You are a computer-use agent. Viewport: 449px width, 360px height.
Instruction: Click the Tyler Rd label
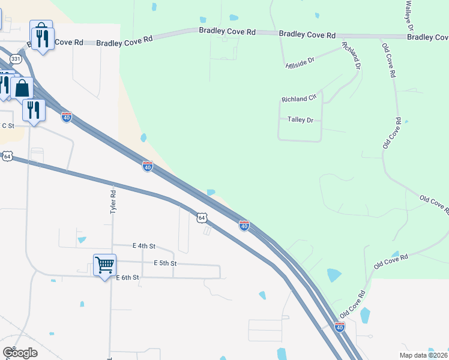[x=112, y=203]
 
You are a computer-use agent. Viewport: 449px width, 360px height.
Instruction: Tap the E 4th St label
[x=143, y=246]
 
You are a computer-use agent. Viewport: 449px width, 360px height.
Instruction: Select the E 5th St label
[x=164, y=263]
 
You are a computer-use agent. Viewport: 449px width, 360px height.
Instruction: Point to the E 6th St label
[x=127, y=277]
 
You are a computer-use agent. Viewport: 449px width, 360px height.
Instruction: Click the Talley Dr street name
[x=301, y=120]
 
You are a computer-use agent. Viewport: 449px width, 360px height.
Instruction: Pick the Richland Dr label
[x=350, y=56]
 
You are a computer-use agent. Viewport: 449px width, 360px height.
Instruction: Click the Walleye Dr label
[x=409, y=16]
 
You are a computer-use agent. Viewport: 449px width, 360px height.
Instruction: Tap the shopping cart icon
[x=104, y=264]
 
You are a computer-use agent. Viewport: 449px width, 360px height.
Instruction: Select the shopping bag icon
[x=22, y=88]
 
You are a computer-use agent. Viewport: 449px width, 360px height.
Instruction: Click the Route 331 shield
[x=16, y=59]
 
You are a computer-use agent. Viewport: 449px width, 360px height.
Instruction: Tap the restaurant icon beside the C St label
[x=34, y=109]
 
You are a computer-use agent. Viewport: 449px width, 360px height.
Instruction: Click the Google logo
[x=20, y=353]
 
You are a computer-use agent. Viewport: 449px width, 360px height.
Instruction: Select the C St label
[x=7, y=125]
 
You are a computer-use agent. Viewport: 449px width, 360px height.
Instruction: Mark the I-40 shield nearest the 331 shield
[x=67, y=117]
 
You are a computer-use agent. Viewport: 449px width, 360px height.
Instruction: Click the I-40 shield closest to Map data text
[x=340, y=327]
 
